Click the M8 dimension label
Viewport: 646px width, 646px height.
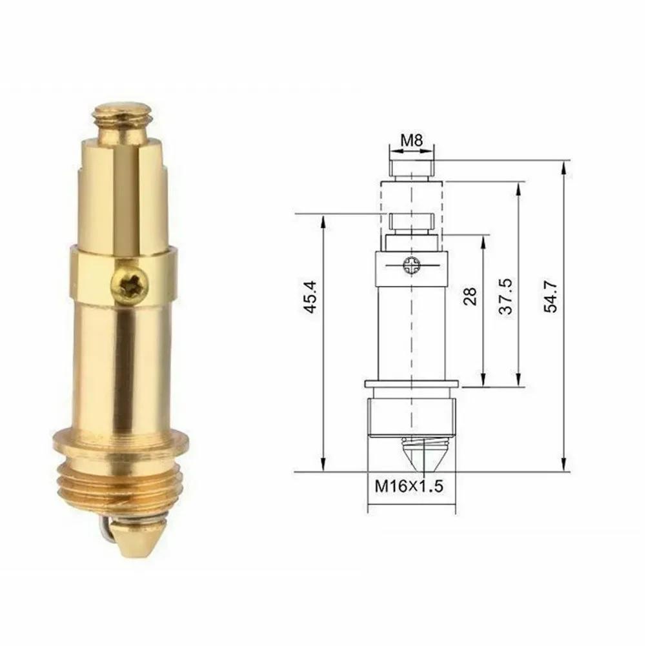[410, 140]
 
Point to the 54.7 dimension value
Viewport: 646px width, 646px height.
[550, 298]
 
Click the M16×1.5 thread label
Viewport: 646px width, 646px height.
[410, 486]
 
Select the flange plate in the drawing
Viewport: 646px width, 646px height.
[411, 385]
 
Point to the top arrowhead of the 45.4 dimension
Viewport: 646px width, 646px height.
[323, 220]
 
